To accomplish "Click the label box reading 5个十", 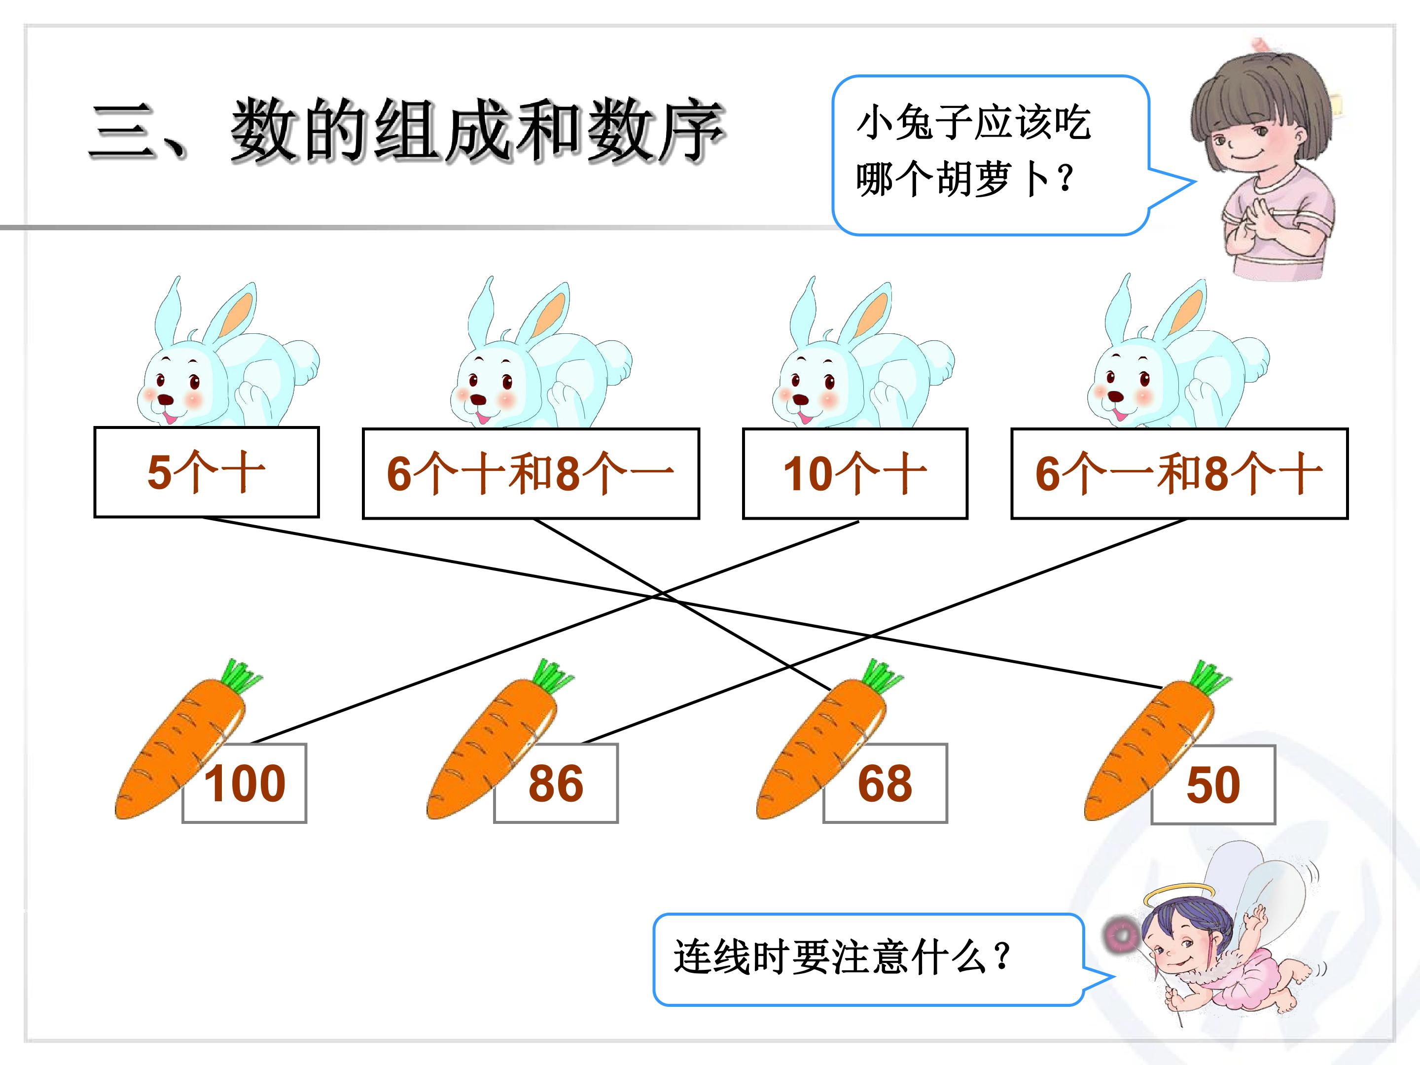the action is click(x=207, y=472).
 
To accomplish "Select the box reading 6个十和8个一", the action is click(x=531, y=473).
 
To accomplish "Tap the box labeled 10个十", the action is click(x=855, y=473).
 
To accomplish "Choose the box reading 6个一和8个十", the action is click(x=1179, y=473).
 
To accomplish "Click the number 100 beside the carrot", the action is click(x=245, y=784).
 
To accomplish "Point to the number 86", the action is click(x=556, y=784).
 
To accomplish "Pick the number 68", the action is click(x=885, y=784).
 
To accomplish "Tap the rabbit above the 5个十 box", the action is click(x=226, y=356).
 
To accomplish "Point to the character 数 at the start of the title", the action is click(x=263, y=130).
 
